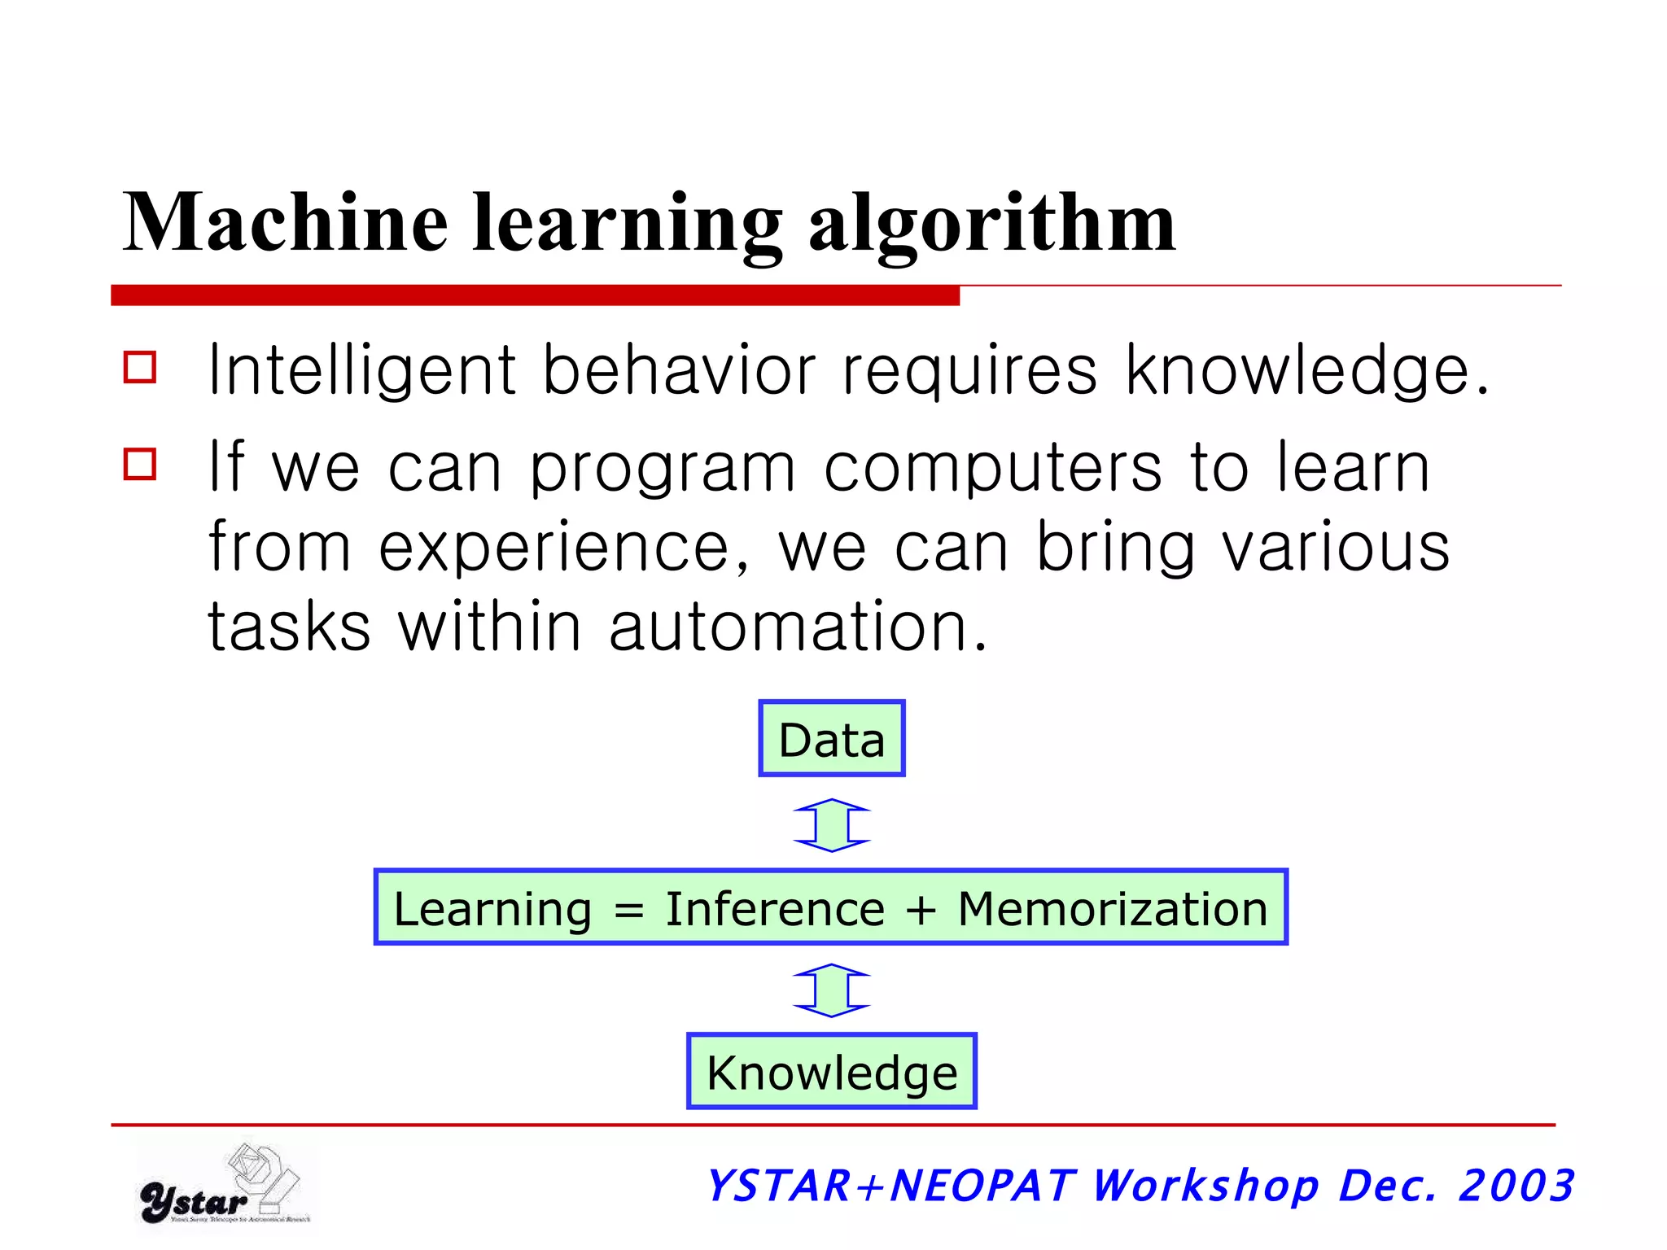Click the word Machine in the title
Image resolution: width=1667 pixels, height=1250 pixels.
point(285,221)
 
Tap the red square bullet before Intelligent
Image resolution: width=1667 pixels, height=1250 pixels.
point(140,367)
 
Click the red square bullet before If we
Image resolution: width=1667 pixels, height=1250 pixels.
point(140,464)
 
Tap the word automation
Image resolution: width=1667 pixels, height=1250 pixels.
point(798,627)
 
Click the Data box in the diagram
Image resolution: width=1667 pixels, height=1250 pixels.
point(831,739)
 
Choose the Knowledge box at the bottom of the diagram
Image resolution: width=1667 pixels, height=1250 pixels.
point(831,1072)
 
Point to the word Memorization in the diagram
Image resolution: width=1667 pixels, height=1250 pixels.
point(1113,908)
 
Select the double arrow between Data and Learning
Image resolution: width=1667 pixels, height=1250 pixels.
point(831,825)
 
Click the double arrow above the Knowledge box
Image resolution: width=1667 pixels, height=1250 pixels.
point(831,990)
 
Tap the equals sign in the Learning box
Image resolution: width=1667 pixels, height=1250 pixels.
point(628,910)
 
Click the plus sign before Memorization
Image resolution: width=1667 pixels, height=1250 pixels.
point(921,910)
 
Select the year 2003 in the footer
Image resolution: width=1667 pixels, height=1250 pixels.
point(1516,1185)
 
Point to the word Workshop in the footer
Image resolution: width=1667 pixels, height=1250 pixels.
point(1205,1185)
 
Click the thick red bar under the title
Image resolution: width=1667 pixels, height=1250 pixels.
point(535,295)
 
